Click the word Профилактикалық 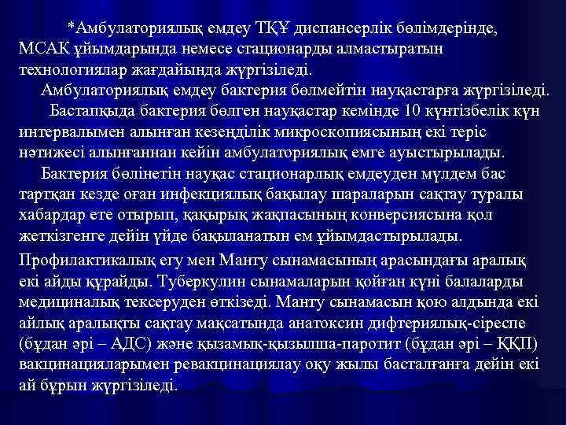tap(86, 260)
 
